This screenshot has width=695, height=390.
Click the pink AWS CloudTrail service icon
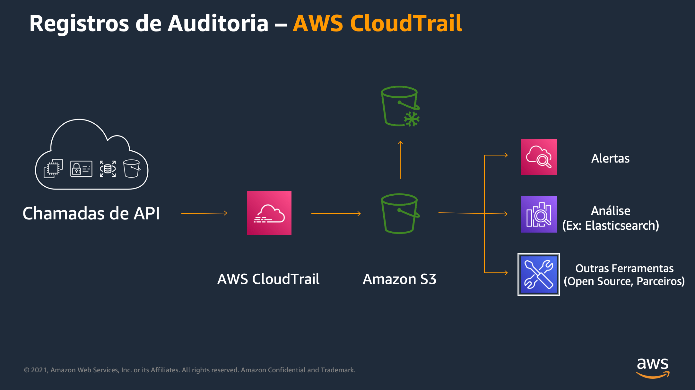coord(269,213)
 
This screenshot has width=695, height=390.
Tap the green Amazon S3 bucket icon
coord(400,213)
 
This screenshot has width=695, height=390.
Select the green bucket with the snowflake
coord(400,106)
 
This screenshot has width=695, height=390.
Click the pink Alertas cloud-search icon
coord(538,157)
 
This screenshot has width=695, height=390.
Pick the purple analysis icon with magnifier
coord(538,214)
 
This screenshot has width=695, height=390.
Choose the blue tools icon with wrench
coord(538,274)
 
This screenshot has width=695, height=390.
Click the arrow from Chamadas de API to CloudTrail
coord(204,213)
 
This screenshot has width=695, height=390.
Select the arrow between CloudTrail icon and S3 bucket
coord(336,213)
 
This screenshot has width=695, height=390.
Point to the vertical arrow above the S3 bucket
coord(400,160)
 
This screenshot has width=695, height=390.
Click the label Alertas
coord(610,158)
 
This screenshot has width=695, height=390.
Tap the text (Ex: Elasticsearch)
coord(610,226)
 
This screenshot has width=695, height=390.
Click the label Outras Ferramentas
coord(624,268)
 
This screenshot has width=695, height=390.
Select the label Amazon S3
coord(399,279)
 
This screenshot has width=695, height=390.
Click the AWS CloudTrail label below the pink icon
coord(268,279)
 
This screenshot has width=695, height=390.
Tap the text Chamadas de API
coord(91,213)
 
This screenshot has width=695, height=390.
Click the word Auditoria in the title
coord(218,23)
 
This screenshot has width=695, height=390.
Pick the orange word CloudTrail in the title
coord(406,23)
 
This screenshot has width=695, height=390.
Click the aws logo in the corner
coord(652,368)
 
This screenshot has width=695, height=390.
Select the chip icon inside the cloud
coord(53,168)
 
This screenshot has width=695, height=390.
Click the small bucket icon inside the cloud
coord(132,168)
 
